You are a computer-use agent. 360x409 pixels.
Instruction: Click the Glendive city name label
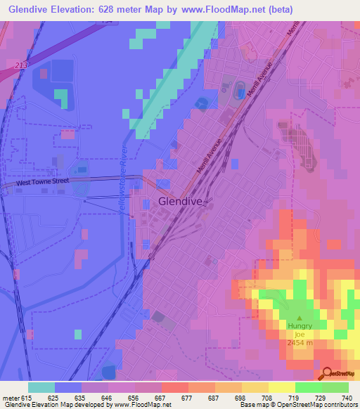click(181, 201)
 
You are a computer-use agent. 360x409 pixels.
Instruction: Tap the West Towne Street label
click(43, 182)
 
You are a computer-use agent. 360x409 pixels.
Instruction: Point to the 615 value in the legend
click(27, 398)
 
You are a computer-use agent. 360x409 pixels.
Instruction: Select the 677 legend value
click(187, 398)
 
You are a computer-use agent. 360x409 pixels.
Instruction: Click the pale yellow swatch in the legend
click(281, 387)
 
